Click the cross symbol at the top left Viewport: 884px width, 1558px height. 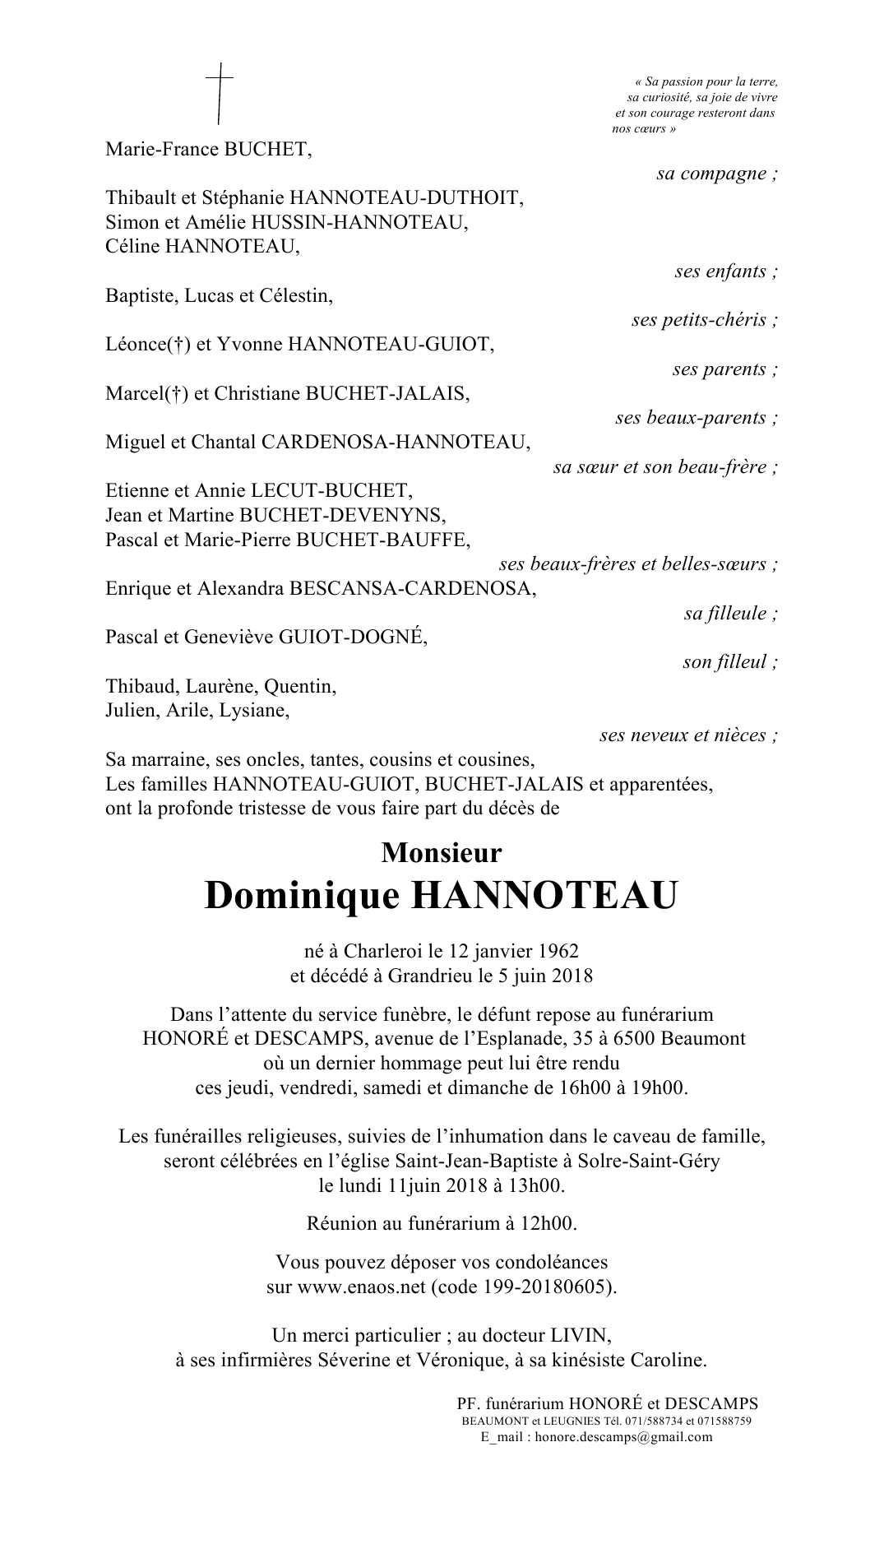(x=219, y=95)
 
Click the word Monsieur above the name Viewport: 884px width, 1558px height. (x=442, y=852)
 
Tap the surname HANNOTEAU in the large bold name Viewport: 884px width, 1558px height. (x=544, y=896)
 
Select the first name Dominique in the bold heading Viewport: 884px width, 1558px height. (x=301, y=896)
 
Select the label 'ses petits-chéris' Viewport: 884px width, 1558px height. (x=704, y=320)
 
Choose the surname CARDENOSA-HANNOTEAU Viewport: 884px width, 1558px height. (x=396, y=443)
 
